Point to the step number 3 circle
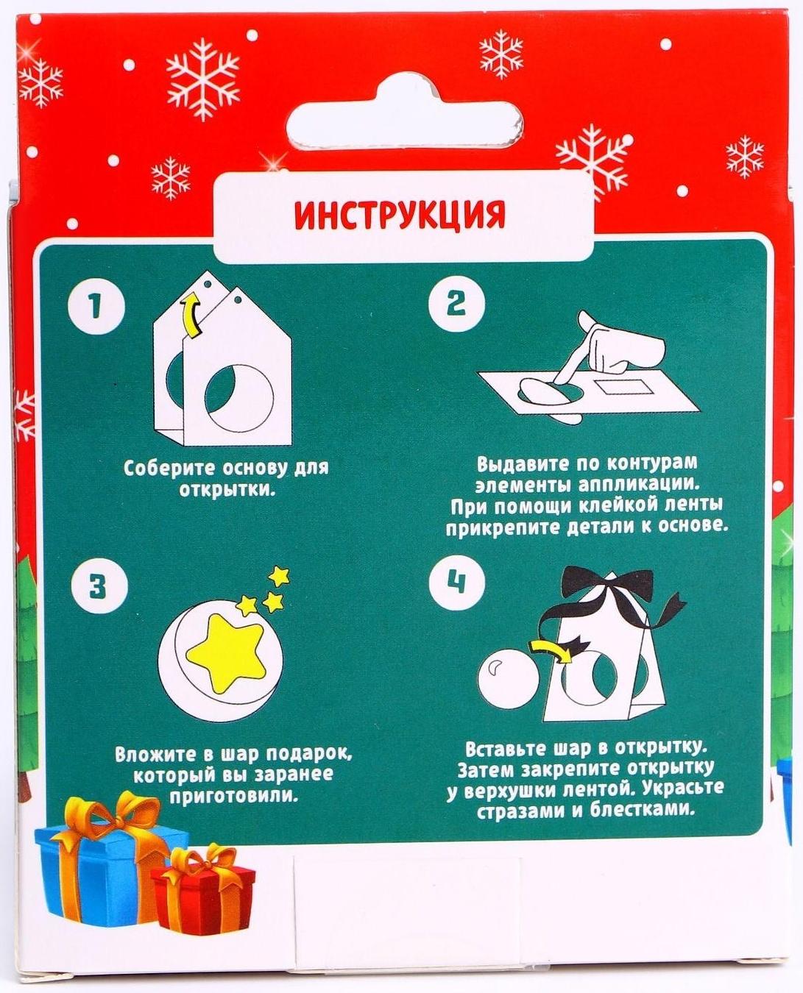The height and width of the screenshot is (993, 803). [x=96, y=587]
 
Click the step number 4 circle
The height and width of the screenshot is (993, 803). [x=456, y=583]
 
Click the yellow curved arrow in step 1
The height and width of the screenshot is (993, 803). [x=193, y=317]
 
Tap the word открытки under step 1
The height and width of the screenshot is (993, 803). [x=227, y=489]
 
